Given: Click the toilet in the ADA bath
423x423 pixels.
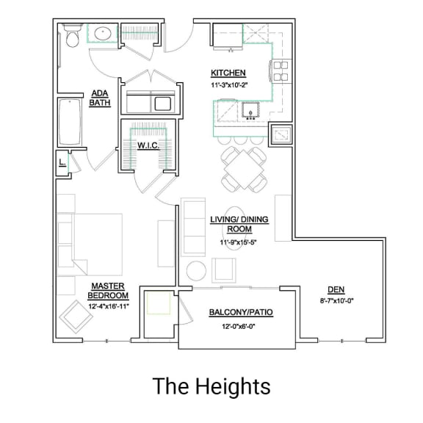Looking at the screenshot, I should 72,36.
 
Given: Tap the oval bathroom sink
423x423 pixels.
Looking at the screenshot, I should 101,34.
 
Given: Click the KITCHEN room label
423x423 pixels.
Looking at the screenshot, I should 228,73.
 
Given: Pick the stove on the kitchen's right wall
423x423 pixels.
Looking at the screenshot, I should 281,70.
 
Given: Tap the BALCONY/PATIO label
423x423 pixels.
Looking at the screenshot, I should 240,312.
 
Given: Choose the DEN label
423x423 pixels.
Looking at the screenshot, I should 336,289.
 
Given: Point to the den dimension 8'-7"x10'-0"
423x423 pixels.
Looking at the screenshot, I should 336,300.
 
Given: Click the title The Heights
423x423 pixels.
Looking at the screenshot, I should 211,386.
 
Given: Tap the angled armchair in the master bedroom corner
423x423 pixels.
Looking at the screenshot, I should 76,317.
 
